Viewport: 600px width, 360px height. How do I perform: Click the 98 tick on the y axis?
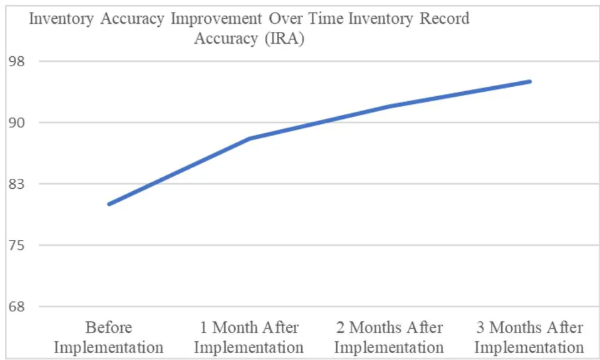click(16, 61)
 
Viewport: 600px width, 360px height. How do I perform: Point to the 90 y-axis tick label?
click(16, 122)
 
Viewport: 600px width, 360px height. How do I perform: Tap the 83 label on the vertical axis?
click(16, 184)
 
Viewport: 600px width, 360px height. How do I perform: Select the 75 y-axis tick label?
click(16, 245)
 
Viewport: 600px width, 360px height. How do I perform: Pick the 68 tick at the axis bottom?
click(16, 306)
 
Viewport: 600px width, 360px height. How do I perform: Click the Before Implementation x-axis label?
click(109, 337)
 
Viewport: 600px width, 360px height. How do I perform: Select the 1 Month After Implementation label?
click(249, 337)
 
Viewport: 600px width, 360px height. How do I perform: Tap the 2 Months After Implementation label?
click(389, 337)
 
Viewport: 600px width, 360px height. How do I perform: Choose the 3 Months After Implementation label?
click(529, 337)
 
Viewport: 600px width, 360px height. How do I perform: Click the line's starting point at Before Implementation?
click(109, 204)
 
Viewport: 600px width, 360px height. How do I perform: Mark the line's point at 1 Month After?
click(249, 139)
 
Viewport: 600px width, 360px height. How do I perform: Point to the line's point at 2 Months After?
click(389, 106)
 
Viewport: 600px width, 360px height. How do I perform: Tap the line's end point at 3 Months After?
click(529, 81)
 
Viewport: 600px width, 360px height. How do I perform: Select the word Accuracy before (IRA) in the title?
click(226, 39)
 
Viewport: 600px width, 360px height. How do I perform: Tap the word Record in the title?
click(444, 18)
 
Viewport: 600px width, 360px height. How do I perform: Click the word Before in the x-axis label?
click(109, 327)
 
